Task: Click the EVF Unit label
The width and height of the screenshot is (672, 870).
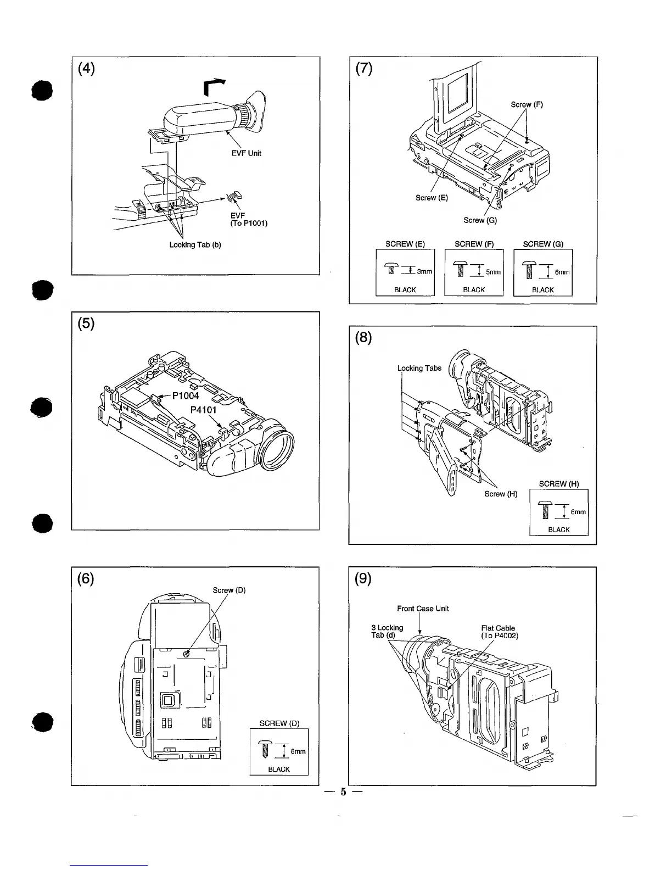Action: (x=247, y=153)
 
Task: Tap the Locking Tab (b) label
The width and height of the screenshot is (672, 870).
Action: (x=195, y=244)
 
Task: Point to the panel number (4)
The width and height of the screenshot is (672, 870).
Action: (x=86, y=69)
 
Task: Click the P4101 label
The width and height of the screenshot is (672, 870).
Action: (x=203, y=410)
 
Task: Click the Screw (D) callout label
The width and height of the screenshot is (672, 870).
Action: (x=229, y=590)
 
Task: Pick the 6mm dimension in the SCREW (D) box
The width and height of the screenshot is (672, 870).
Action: (x=298, y=752)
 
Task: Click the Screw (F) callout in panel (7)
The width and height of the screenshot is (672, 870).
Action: (x=527, y=104)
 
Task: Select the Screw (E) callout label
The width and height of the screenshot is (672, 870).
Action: (x=432, y=198)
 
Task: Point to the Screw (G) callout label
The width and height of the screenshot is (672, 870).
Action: (x=480, y=220)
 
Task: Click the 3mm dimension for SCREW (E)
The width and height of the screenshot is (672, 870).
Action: (x=424, y=271)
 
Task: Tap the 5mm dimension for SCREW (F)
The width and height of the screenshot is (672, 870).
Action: (x=494, y=271)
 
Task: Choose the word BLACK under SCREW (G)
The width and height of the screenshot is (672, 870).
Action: (x=543, y=290)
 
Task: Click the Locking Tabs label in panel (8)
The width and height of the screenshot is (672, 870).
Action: (x=419, y=368)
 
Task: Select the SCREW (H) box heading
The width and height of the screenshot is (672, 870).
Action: (x=559, y=484)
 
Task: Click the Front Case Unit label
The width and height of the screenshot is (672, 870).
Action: (x=423, y=609)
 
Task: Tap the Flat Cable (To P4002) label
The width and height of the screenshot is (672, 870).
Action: (x=499, y=632)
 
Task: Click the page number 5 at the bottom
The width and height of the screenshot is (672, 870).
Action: (x=343, y=792)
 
